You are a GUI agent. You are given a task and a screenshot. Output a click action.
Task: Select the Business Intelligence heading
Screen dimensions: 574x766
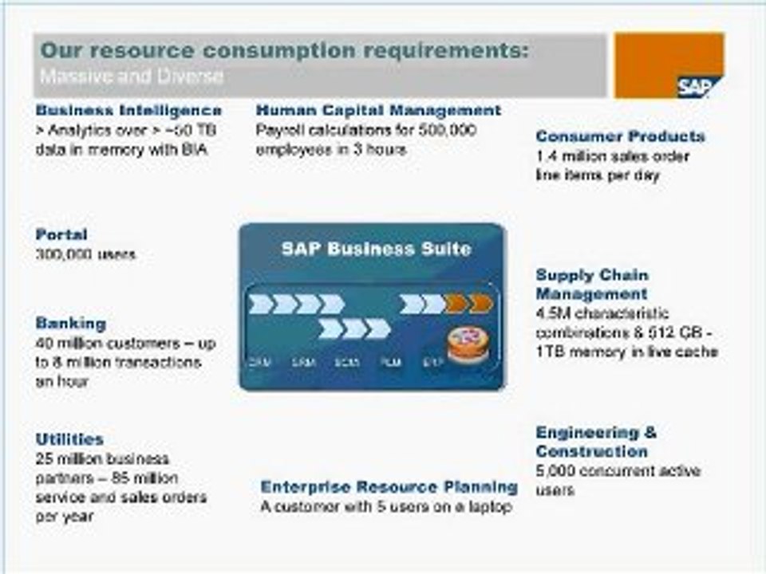click(128, 110)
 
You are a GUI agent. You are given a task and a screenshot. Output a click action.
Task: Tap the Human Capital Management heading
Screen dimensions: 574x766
click(378, 110)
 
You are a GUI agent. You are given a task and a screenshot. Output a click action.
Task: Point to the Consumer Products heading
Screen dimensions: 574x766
click(620, 136)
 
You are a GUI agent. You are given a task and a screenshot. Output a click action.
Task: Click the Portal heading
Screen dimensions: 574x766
click(61, 234)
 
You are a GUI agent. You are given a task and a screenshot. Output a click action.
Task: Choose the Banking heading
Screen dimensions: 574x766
click(70, 323)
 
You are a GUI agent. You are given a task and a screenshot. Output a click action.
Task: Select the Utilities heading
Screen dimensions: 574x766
click(69, 439)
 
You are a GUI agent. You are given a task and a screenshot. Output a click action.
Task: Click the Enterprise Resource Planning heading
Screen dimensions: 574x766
click(389, 486)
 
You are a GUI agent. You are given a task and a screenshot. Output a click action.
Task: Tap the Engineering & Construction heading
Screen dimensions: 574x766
click(596, 442)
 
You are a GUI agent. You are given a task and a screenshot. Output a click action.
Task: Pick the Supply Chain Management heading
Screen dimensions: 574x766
click(591, 285)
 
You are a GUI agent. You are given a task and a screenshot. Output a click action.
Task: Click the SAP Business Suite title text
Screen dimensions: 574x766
click(376, 249)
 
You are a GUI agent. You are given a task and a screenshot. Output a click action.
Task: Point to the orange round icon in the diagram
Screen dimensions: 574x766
click(466, 344)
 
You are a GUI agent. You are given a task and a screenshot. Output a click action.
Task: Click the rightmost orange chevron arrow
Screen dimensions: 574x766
click(480, 304)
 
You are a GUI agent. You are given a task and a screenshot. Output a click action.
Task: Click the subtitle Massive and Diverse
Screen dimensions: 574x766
click(132, 77)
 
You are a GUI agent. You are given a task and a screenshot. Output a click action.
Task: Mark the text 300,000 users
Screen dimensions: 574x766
click(85, 254)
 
